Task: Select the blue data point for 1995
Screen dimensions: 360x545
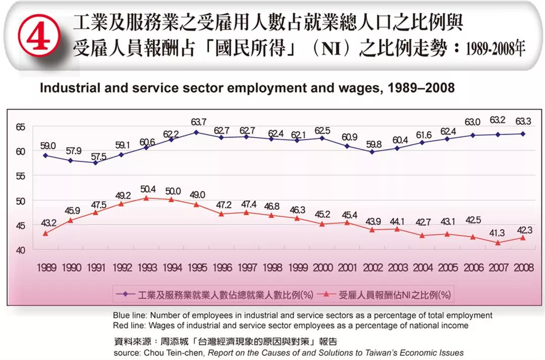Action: [196, 133]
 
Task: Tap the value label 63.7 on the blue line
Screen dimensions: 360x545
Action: [198, 122]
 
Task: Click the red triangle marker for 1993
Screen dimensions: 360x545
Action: [146, 198]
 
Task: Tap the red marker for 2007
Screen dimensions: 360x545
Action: [498, 243]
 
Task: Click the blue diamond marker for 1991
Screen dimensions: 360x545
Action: [95, 162]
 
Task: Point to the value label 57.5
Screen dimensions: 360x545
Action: [97, 152]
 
